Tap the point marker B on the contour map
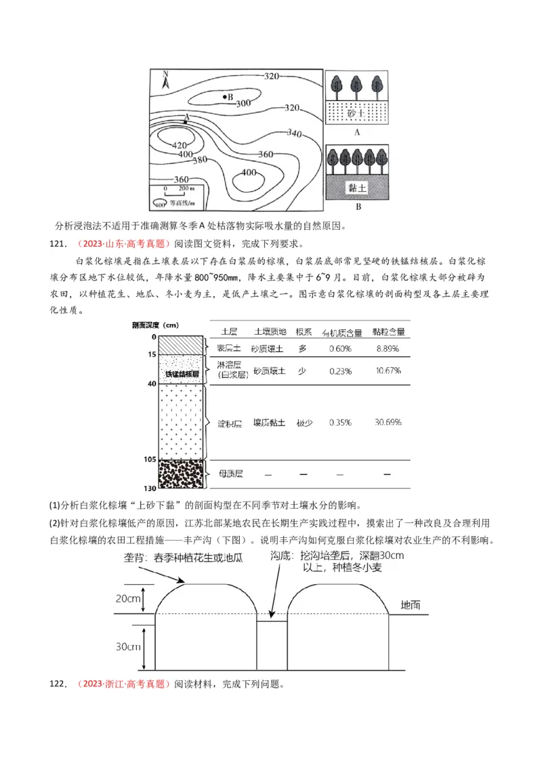(x=225, y=97)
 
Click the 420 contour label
(x=179, y=145)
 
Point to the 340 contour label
(x=294, y=132)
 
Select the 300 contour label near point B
(x=243, y=103)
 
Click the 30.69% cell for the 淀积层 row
(x=388, y=422)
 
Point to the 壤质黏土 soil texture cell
(x=270, y=422)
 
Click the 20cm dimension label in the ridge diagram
(x=127, y=598)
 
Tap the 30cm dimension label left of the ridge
(x=127, y=646)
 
